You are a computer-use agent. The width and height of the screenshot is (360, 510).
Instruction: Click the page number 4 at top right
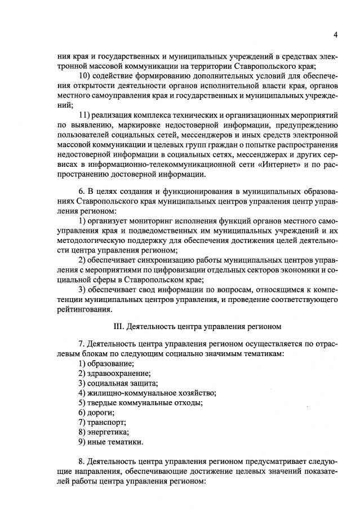[x=335, y=35]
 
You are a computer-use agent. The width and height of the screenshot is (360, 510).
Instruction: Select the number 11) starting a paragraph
[x=85, y=115]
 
